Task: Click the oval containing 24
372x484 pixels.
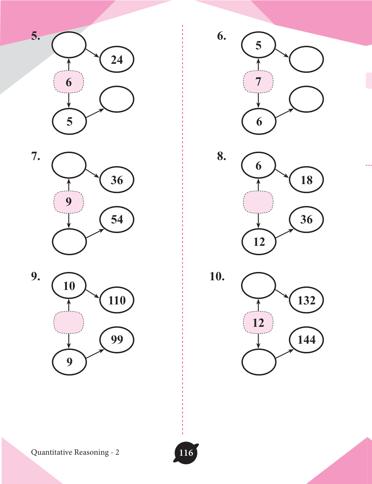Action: click(x=117, y=60)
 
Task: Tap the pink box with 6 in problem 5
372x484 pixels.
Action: click(x=69, y=82)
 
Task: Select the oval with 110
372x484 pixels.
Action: click(x=117, y=300)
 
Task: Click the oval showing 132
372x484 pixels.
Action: click(x=306, y=300)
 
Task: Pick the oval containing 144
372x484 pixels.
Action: click(x=306, y=340)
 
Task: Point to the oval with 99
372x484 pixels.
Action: click(x=117, y=340)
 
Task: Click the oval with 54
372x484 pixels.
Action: click(x=117, y=220)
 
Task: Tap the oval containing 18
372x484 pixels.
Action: click(x=306, y=180)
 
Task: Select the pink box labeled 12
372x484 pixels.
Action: click(x=258, y=323)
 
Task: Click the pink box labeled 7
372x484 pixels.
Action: click(x=258, y=82)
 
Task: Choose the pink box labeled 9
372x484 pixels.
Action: click(x=69, y=202)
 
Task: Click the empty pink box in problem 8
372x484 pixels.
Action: click(x=258, y=202)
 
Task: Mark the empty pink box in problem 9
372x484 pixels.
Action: click(x=69, y=323)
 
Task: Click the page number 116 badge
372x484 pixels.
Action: click(x=186, y=453)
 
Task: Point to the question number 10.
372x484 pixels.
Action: click(x=217, y=276)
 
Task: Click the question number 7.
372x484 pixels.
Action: click(x=35, y=157)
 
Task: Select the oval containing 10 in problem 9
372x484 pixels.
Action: click(x=69, y=286)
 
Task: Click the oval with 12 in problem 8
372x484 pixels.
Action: click(x=259, y=242)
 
